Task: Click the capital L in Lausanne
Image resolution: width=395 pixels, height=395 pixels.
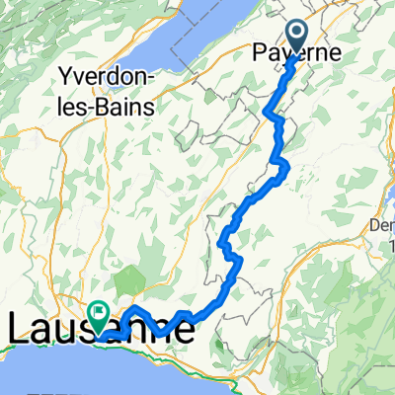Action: (17, 327)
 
